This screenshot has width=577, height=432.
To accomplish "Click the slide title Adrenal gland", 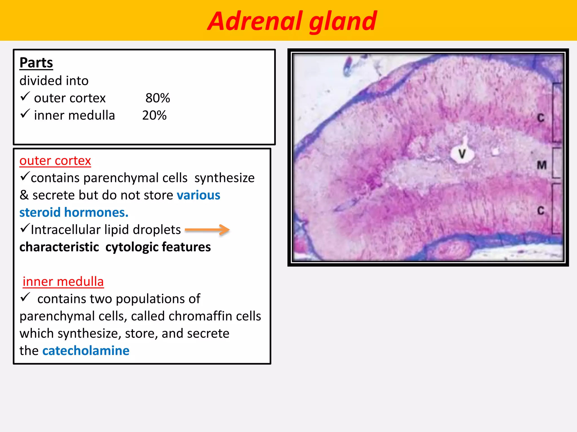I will (x=292, y=21).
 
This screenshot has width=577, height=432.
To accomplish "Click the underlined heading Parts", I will (x=36, y=62).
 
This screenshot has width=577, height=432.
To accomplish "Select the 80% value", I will (x=157, y=98).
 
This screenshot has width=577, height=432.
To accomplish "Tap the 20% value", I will (x=154, y=116).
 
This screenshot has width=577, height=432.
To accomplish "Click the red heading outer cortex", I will (x=55, y=161).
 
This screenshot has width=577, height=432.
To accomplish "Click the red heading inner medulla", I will (x=63, y=282).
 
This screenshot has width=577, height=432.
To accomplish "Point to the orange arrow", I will (x=207, y=230).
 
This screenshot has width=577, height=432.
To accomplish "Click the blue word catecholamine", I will (x=86, y=351).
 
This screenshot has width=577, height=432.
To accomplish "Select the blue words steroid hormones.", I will (x=74, y=212).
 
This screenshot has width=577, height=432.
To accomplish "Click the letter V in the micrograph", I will (x=462, y=154).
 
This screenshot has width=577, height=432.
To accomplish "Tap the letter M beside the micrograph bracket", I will (x=542, y=165).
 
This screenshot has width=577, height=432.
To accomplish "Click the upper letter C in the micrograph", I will (x=540, y=118).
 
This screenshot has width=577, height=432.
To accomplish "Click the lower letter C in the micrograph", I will (x=540, y=211).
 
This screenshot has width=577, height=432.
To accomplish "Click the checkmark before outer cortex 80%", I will (x=25, y=97).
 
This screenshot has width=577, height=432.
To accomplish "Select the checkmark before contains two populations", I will (x=25, y=297).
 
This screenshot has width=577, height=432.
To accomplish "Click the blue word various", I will (x=198, y=195).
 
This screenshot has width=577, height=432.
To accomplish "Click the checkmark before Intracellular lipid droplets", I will (x=25, y=228).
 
